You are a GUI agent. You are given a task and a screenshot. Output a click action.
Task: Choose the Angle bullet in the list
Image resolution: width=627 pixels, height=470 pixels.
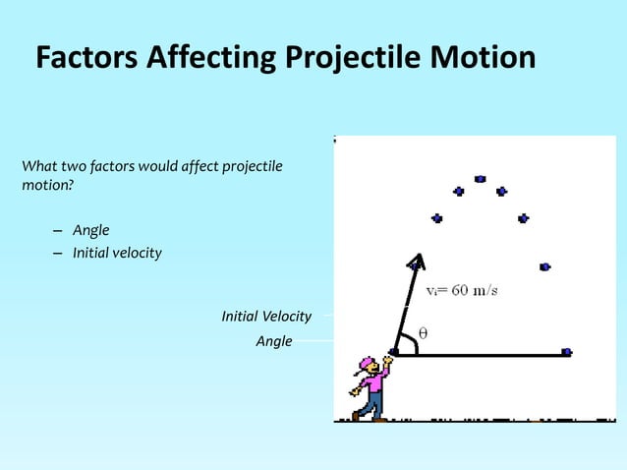tap(90, 230)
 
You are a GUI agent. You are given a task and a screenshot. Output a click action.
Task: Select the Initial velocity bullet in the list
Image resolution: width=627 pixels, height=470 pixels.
tap(117, 253)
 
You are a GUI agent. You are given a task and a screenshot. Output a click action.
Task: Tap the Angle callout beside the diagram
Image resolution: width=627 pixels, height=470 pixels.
tap(273, 341)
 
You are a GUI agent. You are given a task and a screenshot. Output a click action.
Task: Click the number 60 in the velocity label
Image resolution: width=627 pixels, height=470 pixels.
tap(464, 291)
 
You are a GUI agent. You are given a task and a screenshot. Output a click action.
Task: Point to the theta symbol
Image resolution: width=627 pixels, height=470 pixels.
tap(423, 332)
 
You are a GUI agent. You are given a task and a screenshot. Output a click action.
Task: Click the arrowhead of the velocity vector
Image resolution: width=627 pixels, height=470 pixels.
tap(417, 260)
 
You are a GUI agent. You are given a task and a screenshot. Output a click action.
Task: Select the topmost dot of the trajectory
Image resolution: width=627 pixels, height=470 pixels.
tap(480, 179)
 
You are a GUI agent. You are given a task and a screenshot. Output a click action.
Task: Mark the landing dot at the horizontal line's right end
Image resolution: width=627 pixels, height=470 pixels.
tap(566, 352)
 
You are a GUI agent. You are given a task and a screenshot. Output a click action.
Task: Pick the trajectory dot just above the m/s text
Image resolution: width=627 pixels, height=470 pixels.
tap(544, 266)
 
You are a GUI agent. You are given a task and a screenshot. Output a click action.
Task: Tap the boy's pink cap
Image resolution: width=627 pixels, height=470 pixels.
tap(368, 364)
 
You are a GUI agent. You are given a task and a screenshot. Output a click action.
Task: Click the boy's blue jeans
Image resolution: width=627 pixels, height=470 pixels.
tap(370, 404)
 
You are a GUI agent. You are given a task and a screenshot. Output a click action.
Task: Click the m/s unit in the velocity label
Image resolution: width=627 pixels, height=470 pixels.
tap(485, 291)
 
